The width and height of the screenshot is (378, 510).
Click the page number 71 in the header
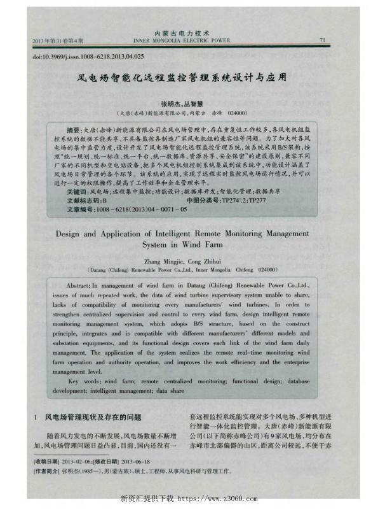323,40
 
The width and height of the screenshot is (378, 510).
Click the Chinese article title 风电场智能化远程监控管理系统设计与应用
181,77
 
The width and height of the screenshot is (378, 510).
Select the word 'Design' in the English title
72,234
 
